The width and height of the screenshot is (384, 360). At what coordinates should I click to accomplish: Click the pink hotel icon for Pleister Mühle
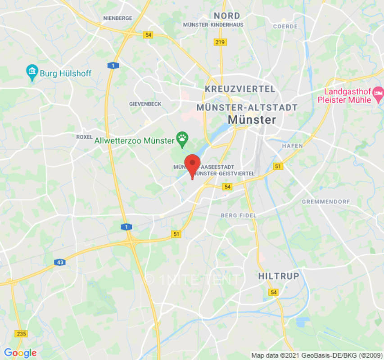pos(378,94)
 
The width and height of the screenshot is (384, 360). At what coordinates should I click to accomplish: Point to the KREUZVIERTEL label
pos(239,89)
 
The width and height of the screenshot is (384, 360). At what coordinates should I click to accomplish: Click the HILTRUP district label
pos(279,276)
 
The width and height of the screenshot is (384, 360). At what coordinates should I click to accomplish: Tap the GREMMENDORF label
pos(325,201)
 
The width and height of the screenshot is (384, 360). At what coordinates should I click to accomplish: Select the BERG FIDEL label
pos(239,216)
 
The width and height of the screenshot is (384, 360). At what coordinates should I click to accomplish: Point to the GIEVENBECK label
pos(145,103)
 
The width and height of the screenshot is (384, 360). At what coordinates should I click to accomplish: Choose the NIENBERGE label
pos(117,18)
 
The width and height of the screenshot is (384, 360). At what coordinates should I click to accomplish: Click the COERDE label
pos(285,27)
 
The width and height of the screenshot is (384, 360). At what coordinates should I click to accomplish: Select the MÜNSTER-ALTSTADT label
pos(247,108)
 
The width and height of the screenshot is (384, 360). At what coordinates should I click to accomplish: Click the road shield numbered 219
pos(221,42)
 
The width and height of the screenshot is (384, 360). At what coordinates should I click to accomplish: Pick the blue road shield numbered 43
pos(59,262)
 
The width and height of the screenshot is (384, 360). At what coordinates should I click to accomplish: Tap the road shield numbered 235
pos(21,333)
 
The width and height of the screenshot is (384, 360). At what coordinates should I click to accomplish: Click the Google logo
pos(20,353)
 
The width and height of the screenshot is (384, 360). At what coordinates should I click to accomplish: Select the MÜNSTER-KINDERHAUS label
pos(213,25)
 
